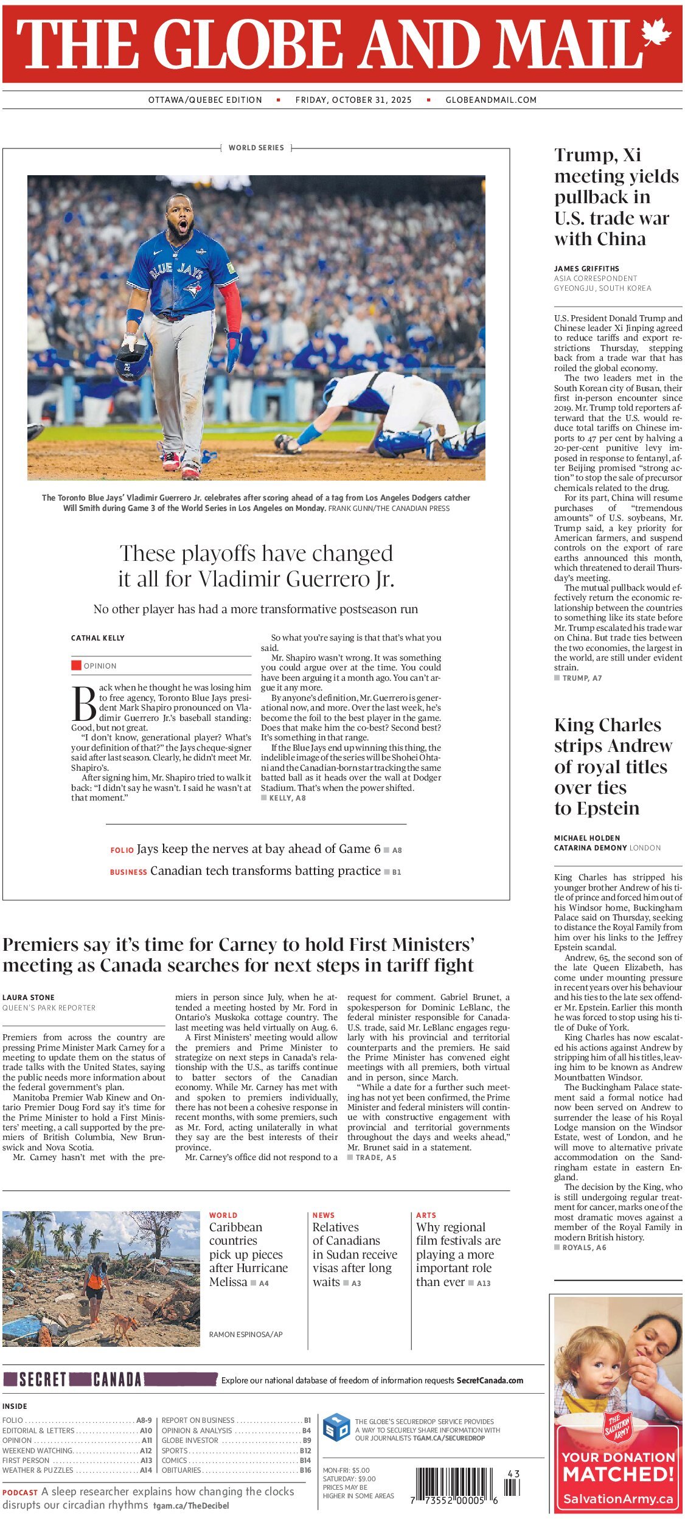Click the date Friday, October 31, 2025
pos(353,100)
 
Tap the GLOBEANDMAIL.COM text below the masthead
pos(491,100)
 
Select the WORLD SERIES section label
pos(256,148)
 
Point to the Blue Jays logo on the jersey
pos(193,289)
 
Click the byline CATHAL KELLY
pos(98,638)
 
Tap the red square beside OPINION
pos(76,666)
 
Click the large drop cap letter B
pos(84,704)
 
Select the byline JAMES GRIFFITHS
pos(586,268)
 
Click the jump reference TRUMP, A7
pos(582,678)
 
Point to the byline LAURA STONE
pos(29,998)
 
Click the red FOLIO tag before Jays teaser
pos(122,850)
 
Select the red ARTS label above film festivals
pos(426,1215)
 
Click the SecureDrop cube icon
pos(336,1428)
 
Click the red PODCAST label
pos(20,1493)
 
